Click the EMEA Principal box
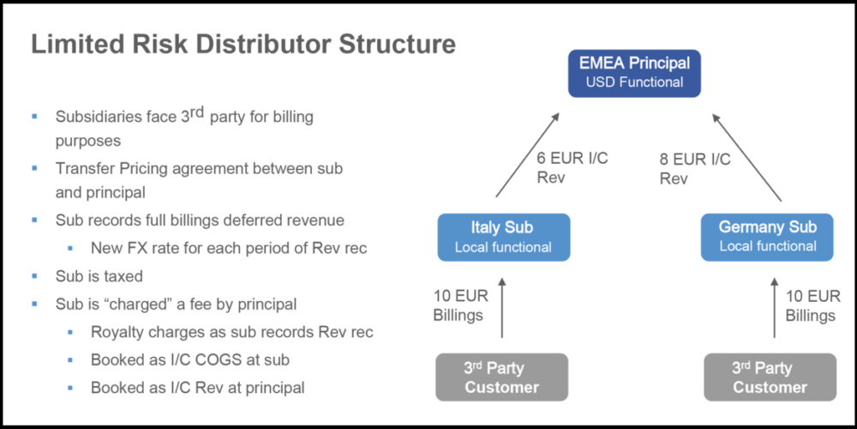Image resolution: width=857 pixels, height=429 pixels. point(635,72)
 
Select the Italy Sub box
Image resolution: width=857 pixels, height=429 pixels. point(502,237)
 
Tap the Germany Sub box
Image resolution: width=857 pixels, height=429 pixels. point(767,237)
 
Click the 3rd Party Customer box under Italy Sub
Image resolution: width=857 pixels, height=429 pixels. point(501,377)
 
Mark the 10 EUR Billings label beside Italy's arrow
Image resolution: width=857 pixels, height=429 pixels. point(460,305)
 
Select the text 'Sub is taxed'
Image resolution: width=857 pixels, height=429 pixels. point(99,277)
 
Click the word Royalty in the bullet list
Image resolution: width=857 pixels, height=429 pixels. point(117,332)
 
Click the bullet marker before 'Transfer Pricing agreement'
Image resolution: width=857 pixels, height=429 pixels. point(35,169)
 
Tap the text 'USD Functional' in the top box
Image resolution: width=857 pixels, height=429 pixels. point(635,82)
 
